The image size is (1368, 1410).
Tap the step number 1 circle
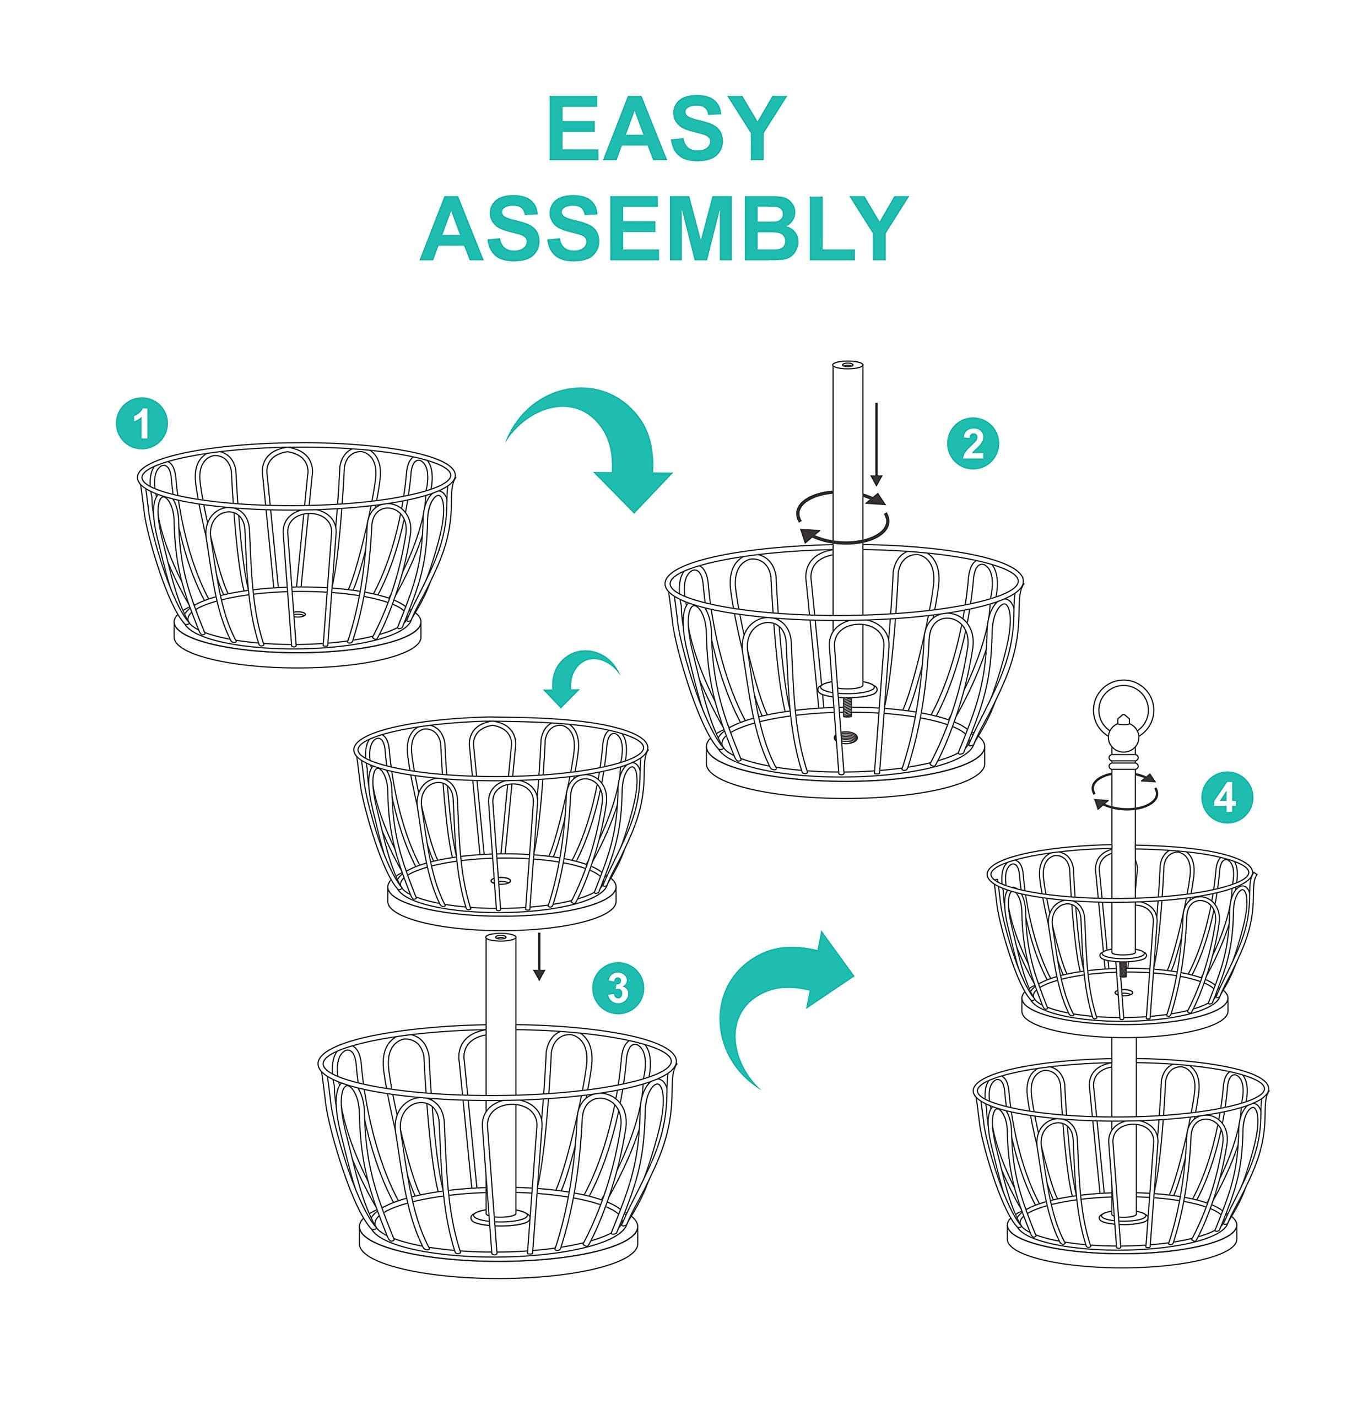(142, 424)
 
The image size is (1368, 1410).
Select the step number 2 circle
(973, 444)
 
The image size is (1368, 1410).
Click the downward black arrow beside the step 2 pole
(876, 444)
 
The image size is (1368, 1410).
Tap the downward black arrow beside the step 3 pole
(539, 956)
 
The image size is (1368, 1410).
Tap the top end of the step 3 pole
(501, 938)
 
